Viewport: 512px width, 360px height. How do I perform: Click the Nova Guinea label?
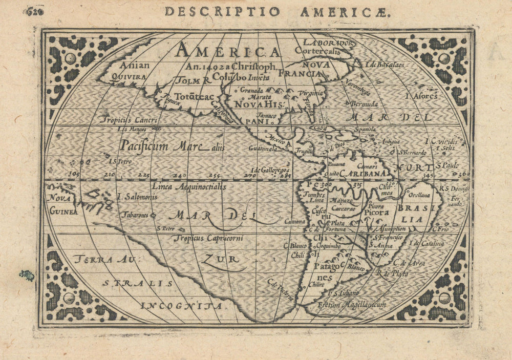pos(62,204)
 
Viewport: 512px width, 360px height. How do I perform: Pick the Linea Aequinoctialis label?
pos(189,187)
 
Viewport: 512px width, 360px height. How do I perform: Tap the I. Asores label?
pos(420,96)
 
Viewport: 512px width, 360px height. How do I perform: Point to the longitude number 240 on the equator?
pos(179,176)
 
